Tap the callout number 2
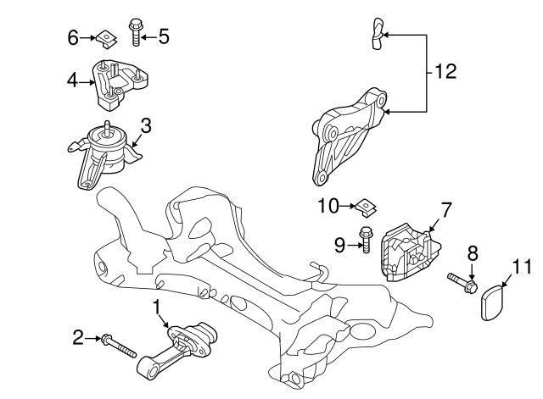[x=77, y=338]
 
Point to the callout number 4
[x=73, y=80]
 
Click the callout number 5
[x=164, y=36]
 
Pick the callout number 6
[x=73, y=36]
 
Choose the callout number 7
[x=445, y=207]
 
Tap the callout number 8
[x=473, y=252]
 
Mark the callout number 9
[x=339, y=246]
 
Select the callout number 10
[x=327, y=205]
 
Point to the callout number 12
[x=445, y=72]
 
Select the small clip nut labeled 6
[x=104, y=36]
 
